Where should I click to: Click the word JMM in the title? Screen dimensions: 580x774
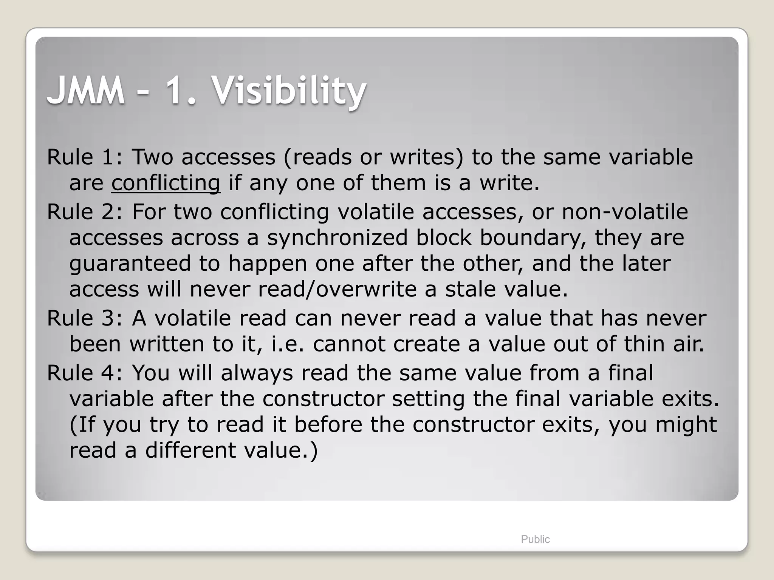pyautogui.click(x=86, y=91)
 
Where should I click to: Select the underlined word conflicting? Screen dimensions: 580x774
pyautogui.click(x=166, y=183)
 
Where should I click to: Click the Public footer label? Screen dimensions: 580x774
pyautogui.click(x=535, y=539)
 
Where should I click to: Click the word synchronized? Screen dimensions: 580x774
pyautogui.click(x=337, y=238)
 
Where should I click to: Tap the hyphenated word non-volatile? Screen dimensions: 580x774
pyautogui.click(x=625, y=212)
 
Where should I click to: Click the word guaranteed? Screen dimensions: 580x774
pyautogui.click(x=130, y=264)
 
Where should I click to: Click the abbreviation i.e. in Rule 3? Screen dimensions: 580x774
pyautogui.click(x=288, y=344)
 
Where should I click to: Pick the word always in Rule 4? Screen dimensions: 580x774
pyautogui.click(x=257, y=373)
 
